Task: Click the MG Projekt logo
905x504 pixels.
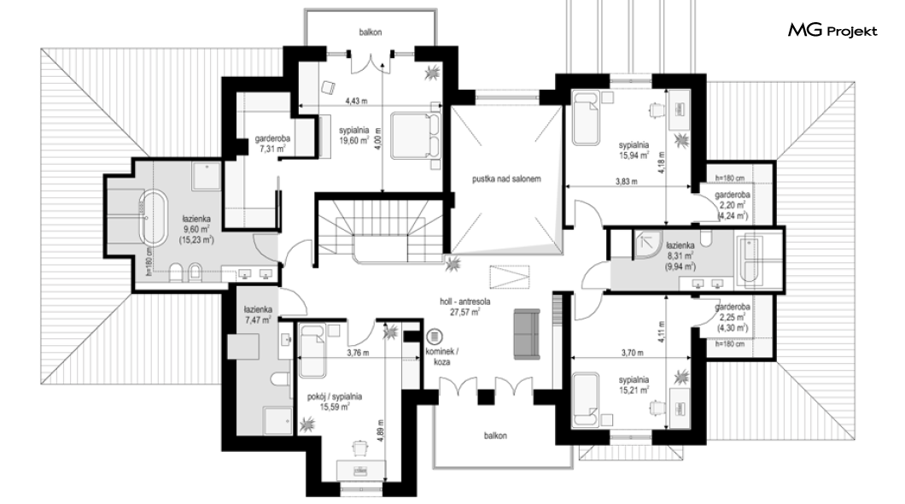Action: tap(832, 31)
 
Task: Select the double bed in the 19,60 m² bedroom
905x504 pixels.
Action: tap(416, 135)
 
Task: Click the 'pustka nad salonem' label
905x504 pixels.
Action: tap(506, 179)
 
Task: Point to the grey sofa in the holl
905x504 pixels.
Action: tap(527, 334)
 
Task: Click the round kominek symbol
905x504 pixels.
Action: tap(434, 337)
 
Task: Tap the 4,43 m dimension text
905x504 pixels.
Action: tap(356, 101)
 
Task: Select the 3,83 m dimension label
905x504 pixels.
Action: tap(626, 181)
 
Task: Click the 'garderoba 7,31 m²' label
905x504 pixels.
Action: tap(272, 144)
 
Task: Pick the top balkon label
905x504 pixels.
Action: tap(370, 32)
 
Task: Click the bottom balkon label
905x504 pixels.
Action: tap(495, 436)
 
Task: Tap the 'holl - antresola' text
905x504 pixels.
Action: tap(465, 302)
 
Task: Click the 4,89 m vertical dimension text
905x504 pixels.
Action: tap(380, 431)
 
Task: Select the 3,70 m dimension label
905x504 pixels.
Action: tap(633, 353)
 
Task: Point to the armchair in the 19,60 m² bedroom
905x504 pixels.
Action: tap(328, 87)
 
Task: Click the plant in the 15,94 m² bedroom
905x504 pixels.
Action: tap(681, 139)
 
